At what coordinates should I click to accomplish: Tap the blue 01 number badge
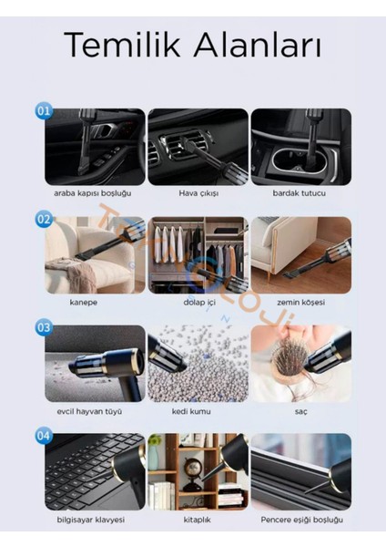[44, 111]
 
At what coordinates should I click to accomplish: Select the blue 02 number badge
[44, 220]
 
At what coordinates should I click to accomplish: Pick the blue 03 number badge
[44, 327]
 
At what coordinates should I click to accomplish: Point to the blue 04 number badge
[44, 436]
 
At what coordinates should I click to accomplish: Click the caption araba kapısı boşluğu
[93, 193]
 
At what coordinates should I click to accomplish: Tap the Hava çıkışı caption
[198, 193]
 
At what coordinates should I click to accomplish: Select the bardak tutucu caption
[300, 193]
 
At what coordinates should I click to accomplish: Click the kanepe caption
[84, 303]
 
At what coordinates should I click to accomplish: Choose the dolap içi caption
[199, 303]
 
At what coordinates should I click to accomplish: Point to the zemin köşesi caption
[301, 303]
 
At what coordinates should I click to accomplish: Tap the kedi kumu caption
[191, 411]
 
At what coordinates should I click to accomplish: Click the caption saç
[301, 412]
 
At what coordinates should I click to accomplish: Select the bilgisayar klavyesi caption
[90, 520]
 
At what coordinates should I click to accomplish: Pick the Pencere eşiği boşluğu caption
[302, 520]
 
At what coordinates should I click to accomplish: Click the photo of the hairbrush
[301, 364]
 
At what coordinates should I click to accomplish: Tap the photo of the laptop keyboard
[95, 471]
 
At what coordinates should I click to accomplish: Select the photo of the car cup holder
[301, 147]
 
